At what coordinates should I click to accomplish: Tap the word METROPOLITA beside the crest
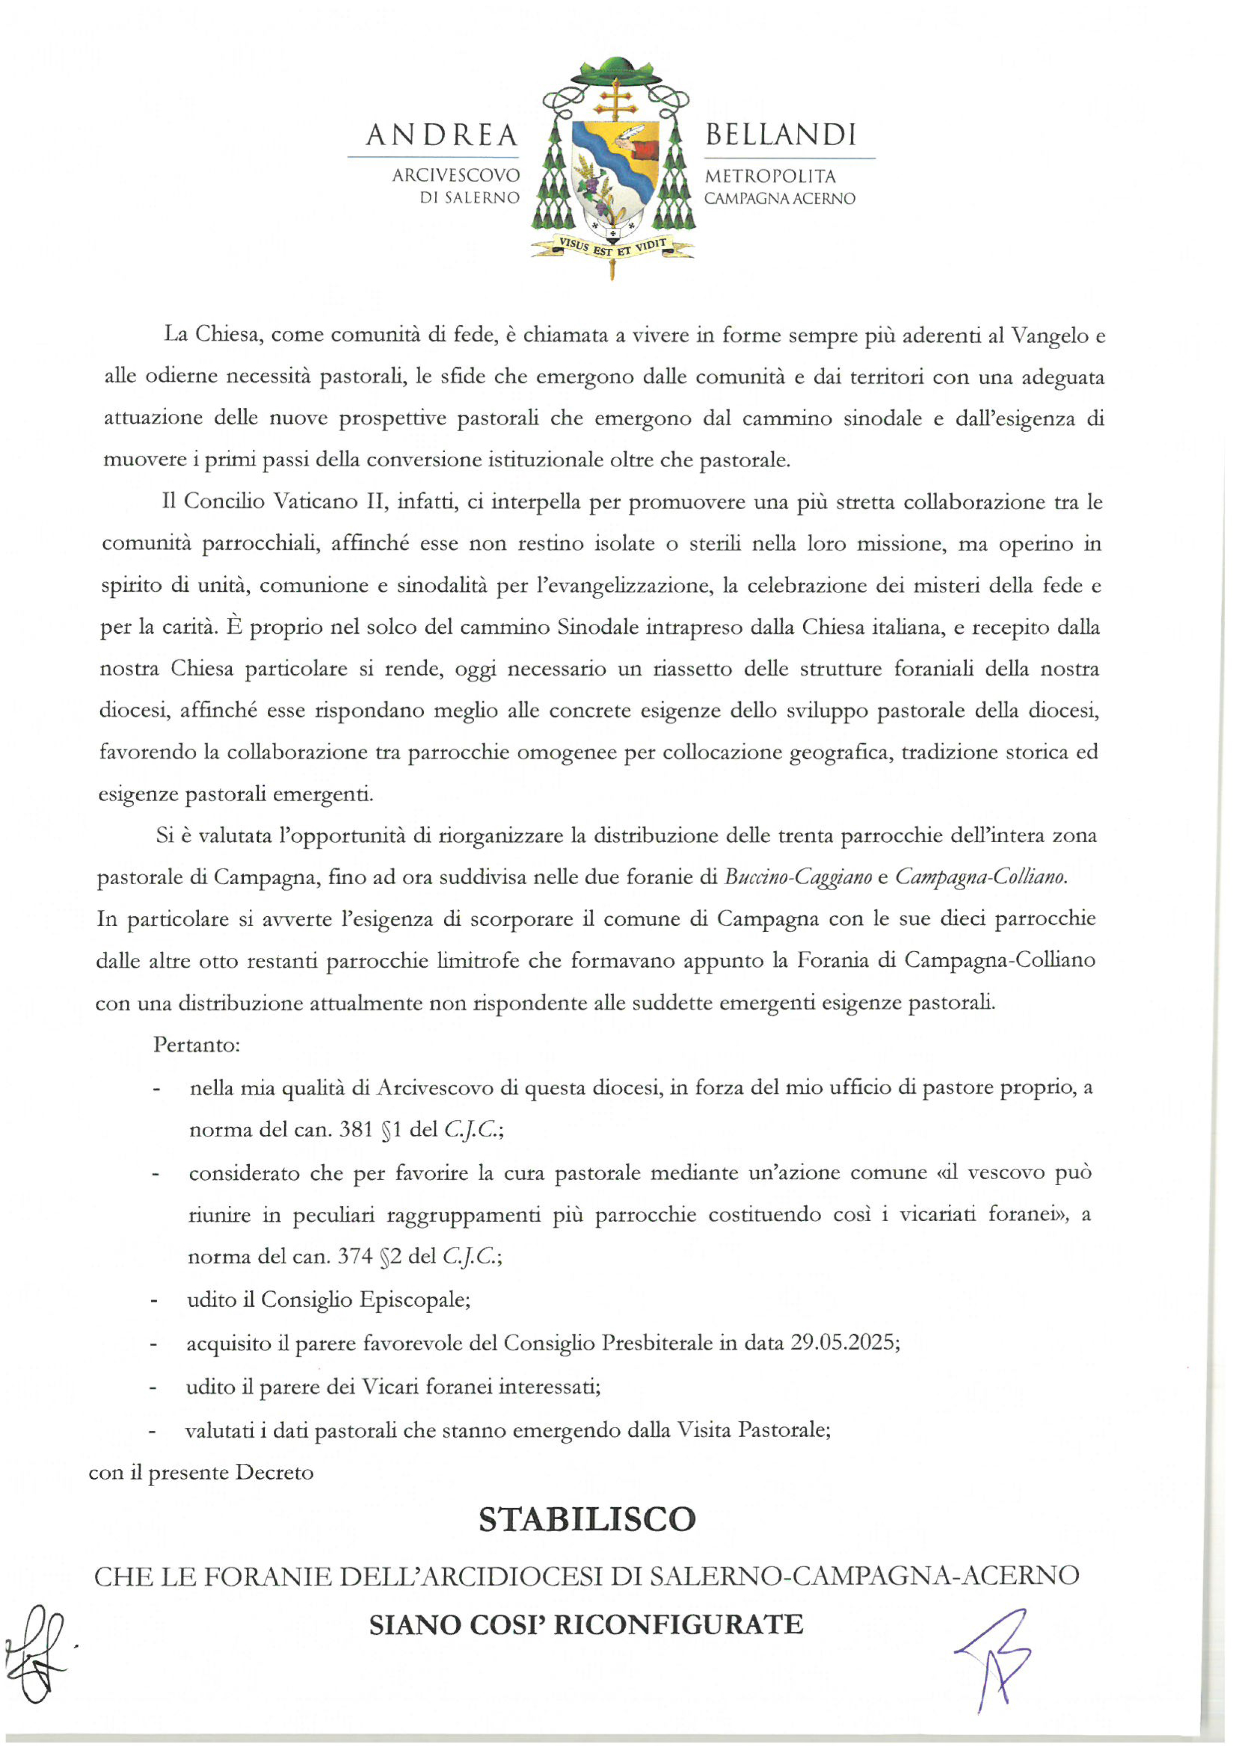770,176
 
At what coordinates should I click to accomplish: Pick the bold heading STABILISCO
587,1520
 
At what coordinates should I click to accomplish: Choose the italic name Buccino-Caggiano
798,877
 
